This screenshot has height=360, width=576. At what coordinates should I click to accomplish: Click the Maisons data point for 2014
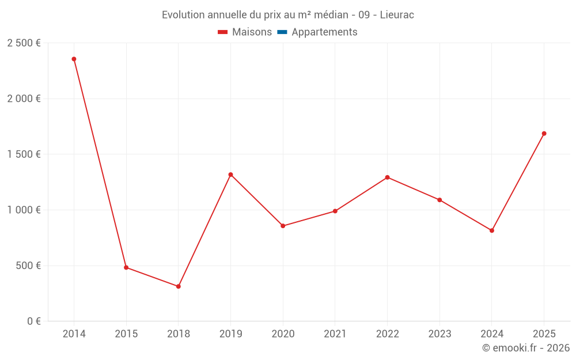pos(74,59)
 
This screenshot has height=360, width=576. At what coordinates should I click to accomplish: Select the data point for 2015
pos(126,267)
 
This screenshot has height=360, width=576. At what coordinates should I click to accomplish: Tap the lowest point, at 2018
pos(179,286)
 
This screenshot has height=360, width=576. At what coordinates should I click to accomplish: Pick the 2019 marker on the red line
pos(230,175)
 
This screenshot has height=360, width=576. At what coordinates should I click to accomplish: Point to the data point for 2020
pos(283,226)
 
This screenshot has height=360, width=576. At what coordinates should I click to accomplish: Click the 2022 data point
pos(387,177)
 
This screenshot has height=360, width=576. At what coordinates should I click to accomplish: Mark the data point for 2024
pos(492,230)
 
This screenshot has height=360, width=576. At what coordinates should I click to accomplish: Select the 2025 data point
pos(544,134)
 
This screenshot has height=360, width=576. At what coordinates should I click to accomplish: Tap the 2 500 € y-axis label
pos(24,43)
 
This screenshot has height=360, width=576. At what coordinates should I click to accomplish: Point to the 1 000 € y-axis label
pos(24,210)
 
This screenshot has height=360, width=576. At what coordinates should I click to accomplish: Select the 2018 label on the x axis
pos(179,334)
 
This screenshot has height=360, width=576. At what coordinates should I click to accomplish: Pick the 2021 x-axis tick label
pos(335,334)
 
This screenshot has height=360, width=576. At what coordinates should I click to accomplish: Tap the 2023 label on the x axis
pos(439,334)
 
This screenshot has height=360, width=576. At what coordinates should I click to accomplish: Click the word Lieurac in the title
pos(397,15)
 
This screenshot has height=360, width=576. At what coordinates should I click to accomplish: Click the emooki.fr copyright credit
pos(526,348)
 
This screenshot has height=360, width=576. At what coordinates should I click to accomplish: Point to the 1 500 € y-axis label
pos(24,154)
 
